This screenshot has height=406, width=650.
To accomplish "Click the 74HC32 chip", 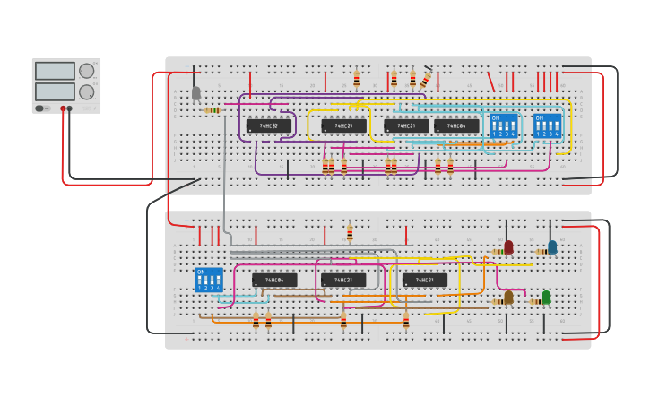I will pyautogui.click(x=268, y=126).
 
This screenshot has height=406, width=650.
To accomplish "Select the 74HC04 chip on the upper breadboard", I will pyautogui.click(x=456, y=126).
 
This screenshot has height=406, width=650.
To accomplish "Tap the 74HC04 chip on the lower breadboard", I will pyautogui.click(x=274, y=281).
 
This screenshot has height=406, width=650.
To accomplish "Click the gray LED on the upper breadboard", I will pyautogui.click(x=196, y=92).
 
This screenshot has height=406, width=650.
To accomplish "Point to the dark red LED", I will pyautogui.click(x=508, y=246).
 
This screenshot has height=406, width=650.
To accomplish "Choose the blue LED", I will pyautogui.click(x=552, y=246).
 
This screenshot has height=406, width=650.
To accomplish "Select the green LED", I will pyautogui.click(x=546, y=297).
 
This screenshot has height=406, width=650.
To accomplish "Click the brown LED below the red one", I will pyautogui.click(x=508, y=297).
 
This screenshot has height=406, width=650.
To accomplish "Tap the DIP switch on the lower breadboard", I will pyautogui.click(x=208, y=279).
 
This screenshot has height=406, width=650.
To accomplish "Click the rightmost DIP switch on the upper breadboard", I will pyautogui.click(x=547, y=125).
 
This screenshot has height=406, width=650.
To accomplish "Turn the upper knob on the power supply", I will pyautogui.click(x=87, y=71).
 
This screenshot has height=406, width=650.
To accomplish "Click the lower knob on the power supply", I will pyautogui.click(x=87, y=91).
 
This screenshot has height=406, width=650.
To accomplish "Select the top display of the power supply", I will pyautogui.click(x=55, y=71).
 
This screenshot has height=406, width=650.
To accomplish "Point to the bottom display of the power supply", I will pyautogui.click(x=55, y=91).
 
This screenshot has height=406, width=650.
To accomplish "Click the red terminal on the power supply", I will pyautogui.click(x=63, y=108).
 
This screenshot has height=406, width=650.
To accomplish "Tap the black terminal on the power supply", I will pyautogui.click(x=70, y=108).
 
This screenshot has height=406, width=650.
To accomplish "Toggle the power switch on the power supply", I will pyautogui.click(x=40, y=108).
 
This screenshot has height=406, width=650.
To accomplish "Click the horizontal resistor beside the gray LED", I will pyautogui.click(x=213, y=110).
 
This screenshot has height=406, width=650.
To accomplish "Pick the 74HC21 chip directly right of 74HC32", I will pyautogui.click(x=343, y=126).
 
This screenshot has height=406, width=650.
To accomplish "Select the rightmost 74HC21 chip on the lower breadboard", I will pyautogui.click(x=425, y=281).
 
